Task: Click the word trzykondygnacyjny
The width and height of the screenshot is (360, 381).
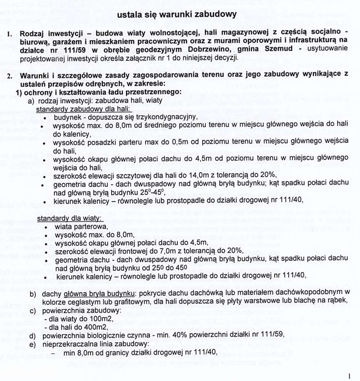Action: [167, 117]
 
